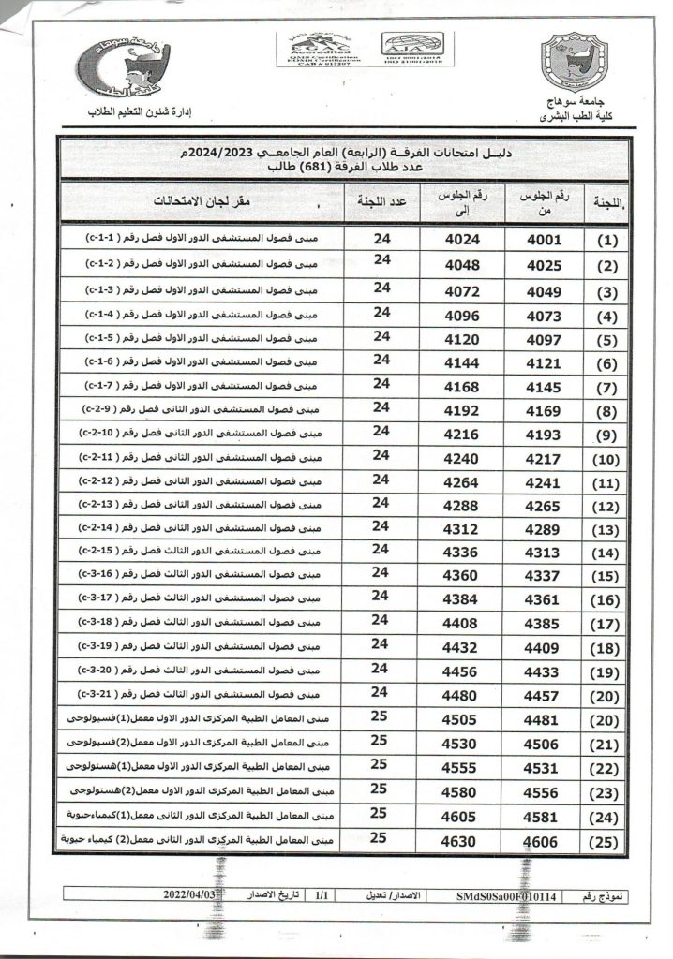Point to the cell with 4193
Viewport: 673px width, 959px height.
[x=544, y=435]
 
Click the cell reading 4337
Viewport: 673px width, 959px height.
[x=544, y=576]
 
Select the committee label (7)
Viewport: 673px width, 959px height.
[x=608, y=387]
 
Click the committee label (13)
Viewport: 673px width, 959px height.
[x=608, y=530]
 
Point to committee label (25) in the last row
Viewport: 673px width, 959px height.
[x=608, y=842]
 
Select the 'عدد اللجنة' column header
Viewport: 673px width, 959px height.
[x=381, y=200]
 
